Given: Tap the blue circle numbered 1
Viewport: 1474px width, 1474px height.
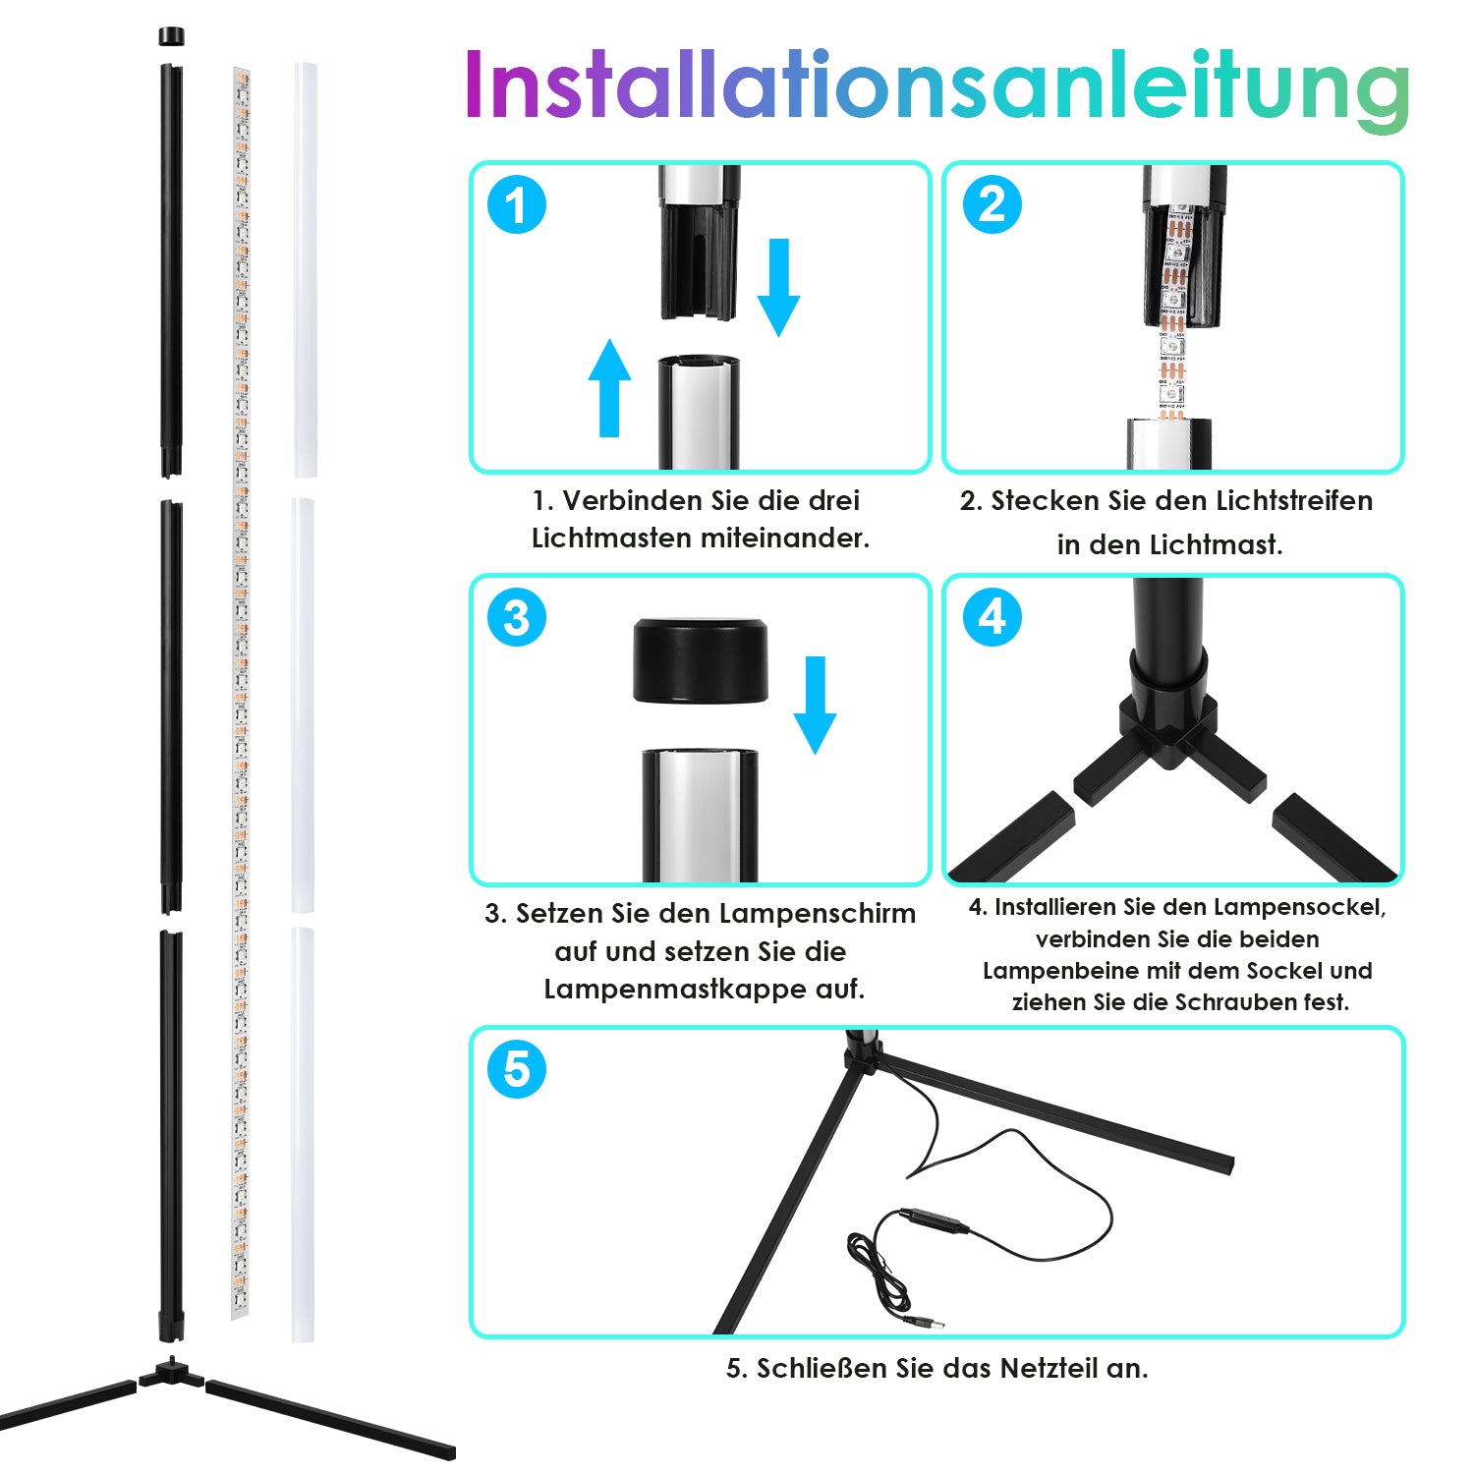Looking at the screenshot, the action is [517, 204].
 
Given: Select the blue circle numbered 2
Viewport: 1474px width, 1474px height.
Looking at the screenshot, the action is [992, 204].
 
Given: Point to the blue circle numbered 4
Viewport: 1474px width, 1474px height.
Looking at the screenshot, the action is [992, 617].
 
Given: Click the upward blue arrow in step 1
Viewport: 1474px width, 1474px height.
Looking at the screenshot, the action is [609, 387].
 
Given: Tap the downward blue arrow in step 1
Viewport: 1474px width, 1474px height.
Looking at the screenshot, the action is [779, 287].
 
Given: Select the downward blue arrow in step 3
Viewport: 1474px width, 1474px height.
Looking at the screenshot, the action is [815, 705].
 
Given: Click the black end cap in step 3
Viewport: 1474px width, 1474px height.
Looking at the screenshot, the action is [701, 660].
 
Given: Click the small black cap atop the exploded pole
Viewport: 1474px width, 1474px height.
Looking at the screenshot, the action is [171, 36].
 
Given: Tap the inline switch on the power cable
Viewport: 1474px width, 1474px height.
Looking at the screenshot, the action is [934, 1219].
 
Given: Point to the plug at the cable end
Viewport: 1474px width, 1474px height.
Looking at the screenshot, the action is [925, 1321].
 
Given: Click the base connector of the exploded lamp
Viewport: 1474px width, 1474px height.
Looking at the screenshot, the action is [172, 1372].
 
